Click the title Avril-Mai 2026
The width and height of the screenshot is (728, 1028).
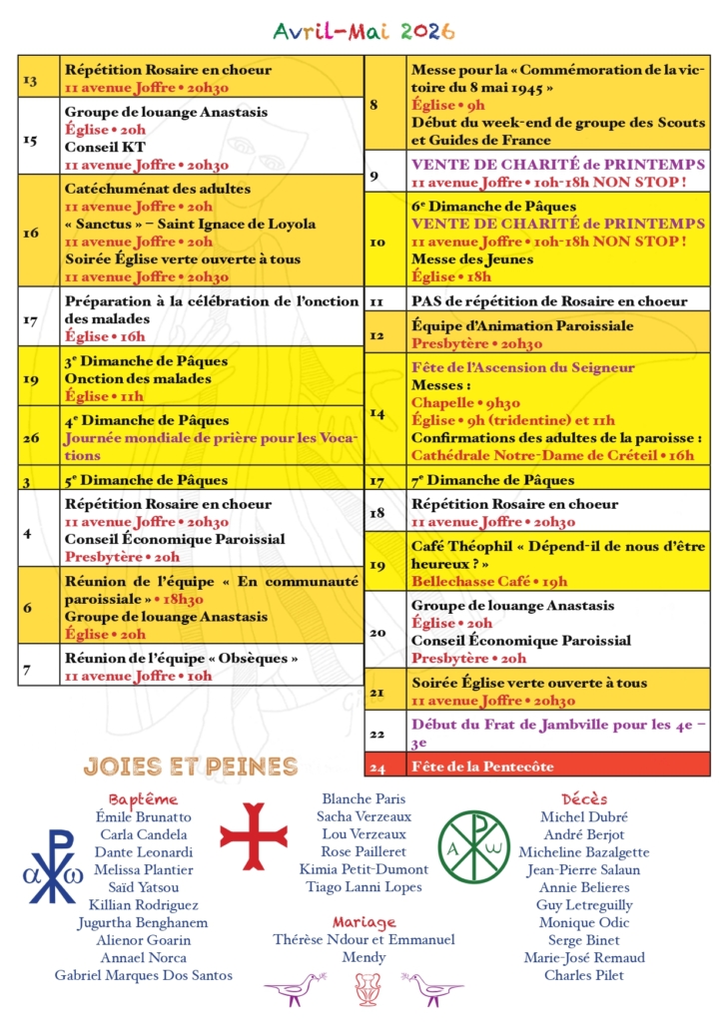pyautogui.click(x=364, y=32)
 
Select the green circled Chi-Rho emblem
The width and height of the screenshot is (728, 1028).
pyautogui.click(x=473, y=846)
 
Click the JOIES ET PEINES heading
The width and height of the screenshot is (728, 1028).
pyautogui.click(x=191, y=767)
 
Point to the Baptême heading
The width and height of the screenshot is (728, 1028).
pyautogui.click(x=144, y=799)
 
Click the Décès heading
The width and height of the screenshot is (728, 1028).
pyautogui.click(x=584, y=799)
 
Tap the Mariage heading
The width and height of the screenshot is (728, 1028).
pyautogui.click(x=364, y=922)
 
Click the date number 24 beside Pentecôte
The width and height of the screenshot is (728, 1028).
pyautogui.click(x=377, y=767)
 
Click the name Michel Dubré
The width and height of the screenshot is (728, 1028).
pyautogui.click(x=584, y=817)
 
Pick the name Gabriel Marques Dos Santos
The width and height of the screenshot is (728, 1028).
pyautogui.click(x=144, y=975)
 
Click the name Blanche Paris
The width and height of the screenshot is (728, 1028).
pyautogui.click(x=364, y=799)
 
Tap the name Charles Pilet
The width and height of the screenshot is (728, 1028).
pyautogui.click(x=584, y=975)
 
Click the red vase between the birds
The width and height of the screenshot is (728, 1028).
pyautogui.click(x=364, y=988)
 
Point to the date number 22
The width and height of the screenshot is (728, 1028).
pyautogui.click(x=377, y=734)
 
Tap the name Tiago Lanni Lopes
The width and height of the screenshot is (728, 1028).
pyautogui.click(x=364, y=887)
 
